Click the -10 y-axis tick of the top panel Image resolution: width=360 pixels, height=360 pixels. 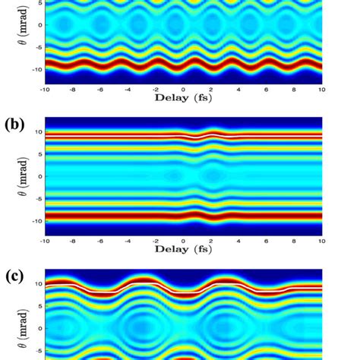tap(36, 69)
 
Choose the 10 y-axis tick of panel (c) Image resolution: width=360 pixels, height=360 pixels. tap(39, 282)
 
